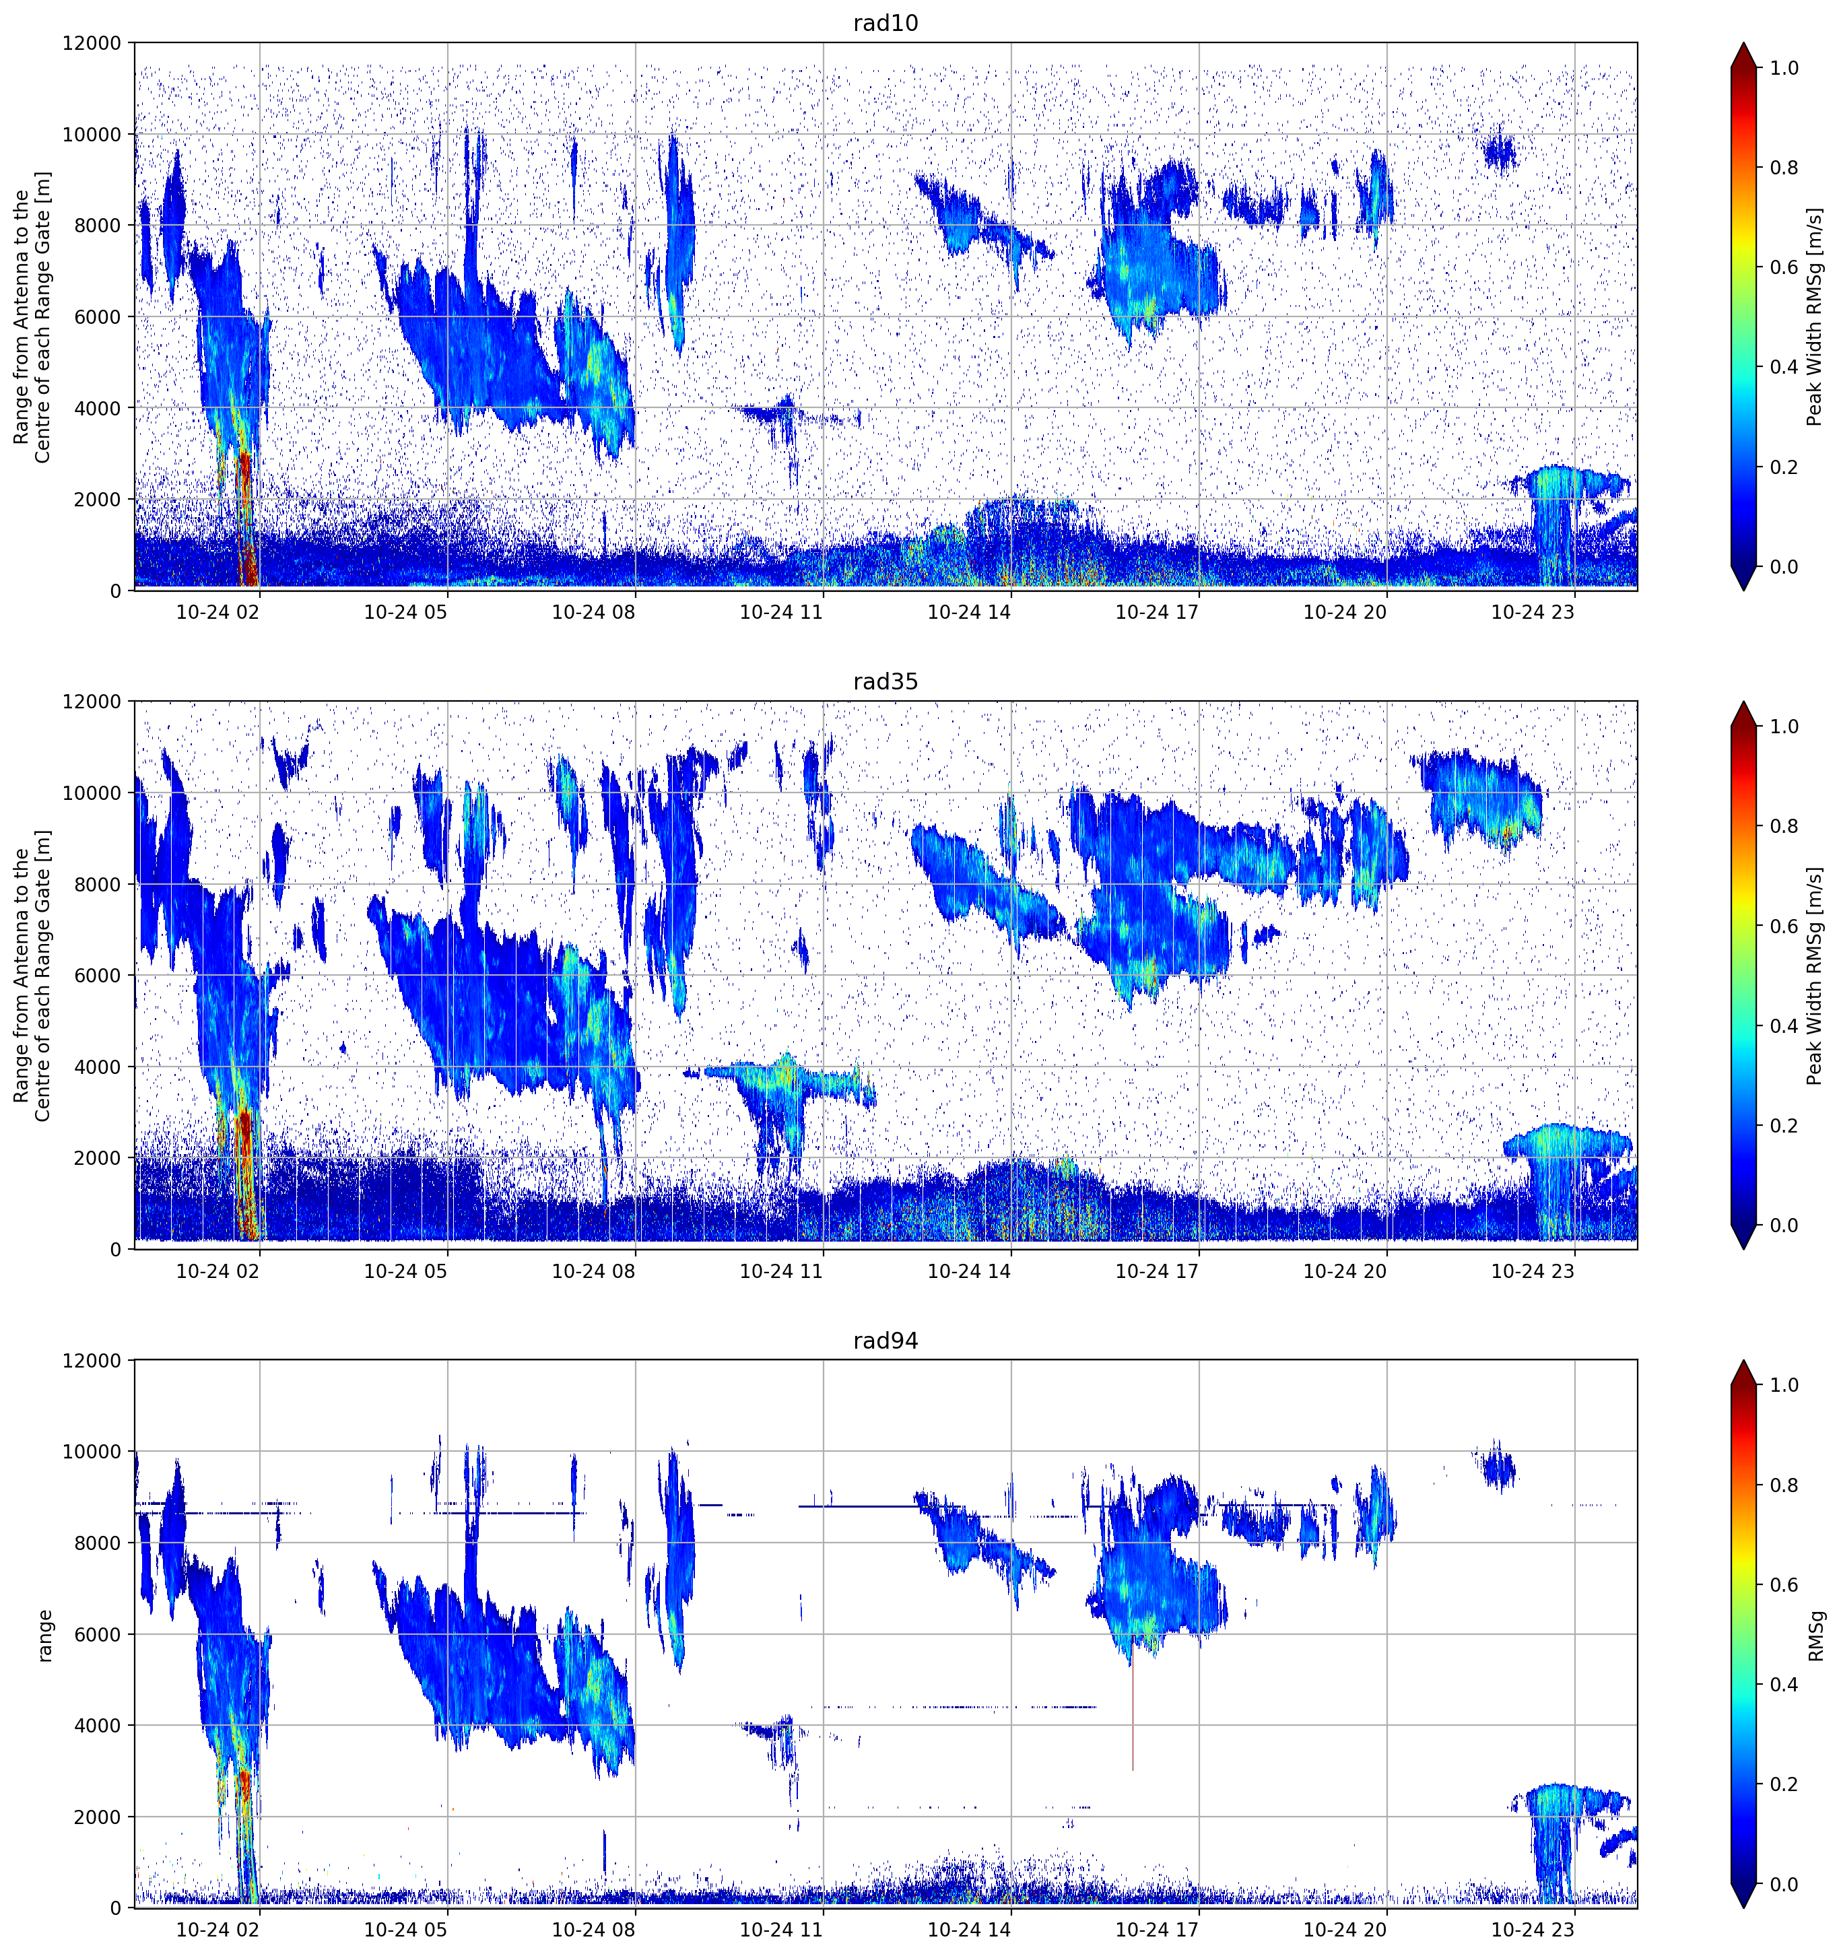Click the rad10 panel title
click(x=885, y=24)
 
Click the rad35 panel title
click(x=885, y=682)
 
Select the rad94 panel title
click(x=885, y=1341)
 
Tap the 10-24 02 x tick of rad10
click(x=218, y=612)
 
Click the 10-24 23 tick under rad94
click(x=1533, y=1930)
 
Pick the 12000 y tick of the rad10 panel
click(x=92, y=43)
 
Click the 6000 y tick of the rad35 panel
click(x=98, y=976)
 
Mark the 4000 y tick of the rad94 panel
click(x=98, y=1726)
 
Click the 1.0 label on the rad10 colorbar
click(x=1784, y=68)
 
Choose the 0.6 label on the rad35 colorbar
click(x=1784, y=927)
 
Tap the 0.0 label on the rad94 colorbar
click(x=1784, y=1884)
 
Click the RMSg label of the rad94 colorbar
click(x=1815, y=1636)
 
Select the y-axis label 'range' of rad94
click(x=44, y=1636)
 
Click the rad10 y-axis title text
click(x=32, y=316)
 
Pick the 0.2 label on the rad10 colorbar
click(x=1784, y=467)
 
